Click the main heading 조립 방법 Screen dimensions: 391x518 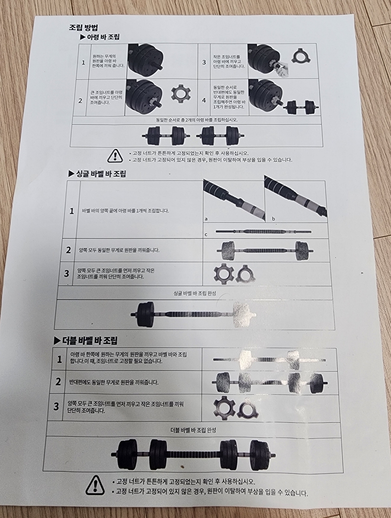pyautogui.click(x=83, y=28)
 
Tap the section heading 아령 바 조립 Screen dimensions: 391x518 pyautogui.click(x=100, y=37)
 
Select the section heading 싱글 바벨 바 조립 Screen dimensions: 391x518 pyautogui.click(x=97, y=174)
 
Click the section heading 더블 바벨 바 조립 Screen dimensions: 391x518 pyautogui.click(x=86, y=340)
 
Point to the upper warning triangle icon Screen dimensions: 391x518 pyautogui.click(x=115, y=156)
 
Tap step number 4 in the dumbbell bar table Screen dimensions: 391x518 pyautogui.click(x=204, y=100)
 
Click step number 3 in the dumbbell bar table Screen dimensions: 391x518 pyautogui.click(x=204, y=63)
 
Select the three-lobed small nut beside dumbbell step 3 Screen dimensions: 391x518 pyautogui.click(x=301, y=56)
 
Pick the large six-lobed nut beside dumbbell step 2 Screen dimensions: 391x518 pyautogui.click(x=181, y=94)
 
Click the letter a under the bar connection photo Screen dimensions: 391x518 pyautogui.click(x=206, y=219)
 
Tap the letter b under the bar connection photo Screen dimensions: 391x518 pyautogui.click(x=273, y=219)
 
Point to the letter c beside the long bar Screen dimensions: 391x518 pyautogui.click(x=206, y=235)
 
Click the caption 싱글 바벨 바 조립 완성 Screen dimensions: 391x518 pyautogui.click(x=195, y=293)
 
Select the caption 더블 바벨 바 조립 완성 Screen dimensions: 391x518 pyautogui.click(x=193, y=430)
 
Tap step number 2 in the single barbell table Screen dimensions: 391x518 pyautogui.click(x=68, y=250)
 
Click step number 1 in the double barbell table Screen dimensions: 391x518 pyautogui.click(x=60, y=359)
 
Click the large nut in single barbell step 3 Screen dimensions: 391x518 pyautogui.click(x=223, y=274)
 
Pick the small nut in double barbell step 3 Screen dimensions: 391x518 pyautogui.click(x=249, y=408)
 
